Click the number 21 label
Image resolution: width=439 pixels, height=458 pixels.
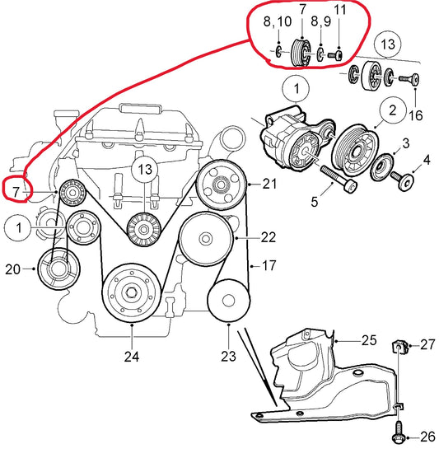[x=269, y=184]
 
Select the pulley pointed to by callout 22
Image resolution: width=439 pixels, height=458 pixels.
[x=206, y=239]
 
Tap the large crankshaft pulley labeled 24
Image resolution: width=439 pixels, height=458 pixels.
[x=132, y=293]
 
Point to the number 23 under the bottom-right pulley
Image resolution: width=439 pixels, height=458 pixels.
[x=228, y=356]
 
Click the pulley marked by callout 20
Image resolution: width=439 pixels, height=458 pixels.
[x=58, y=269]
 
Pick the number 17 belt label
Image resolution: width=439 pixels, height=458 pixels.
[x=269, y=266]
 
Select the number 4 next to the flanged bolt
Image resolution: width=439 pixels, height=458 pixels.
[x=427, y=160]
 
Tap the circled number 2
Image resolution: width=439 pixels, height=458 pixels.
[x=393, y=110]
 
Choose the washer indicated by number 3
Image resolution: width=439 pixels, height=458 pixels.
[x=382, y=167]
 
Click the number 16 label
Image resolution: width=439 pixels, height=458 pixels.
[x=416, y=115]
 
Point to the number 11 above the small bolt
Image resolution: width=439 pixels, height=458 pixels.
[x=339, y=10]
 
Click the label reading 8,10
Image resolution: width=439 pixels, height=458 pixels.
[x=278, y=22]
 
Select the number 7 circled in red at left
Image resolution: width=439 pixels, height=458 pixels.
[x=16, y=192]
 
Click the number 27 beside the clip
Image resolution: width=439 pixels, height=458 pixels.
[x=428, y=345]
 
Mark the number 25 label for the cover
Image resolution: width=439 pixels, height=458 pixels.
[x=369, y=340]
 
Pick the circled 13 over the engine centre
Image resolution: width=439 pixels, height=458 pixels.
[x=145, y=170]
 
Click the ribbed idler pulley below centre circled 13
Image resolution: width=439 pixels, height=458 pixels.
[x=143, y=230]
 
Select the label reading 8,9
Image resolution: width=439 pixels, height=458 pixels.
[x=320, y=21]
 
